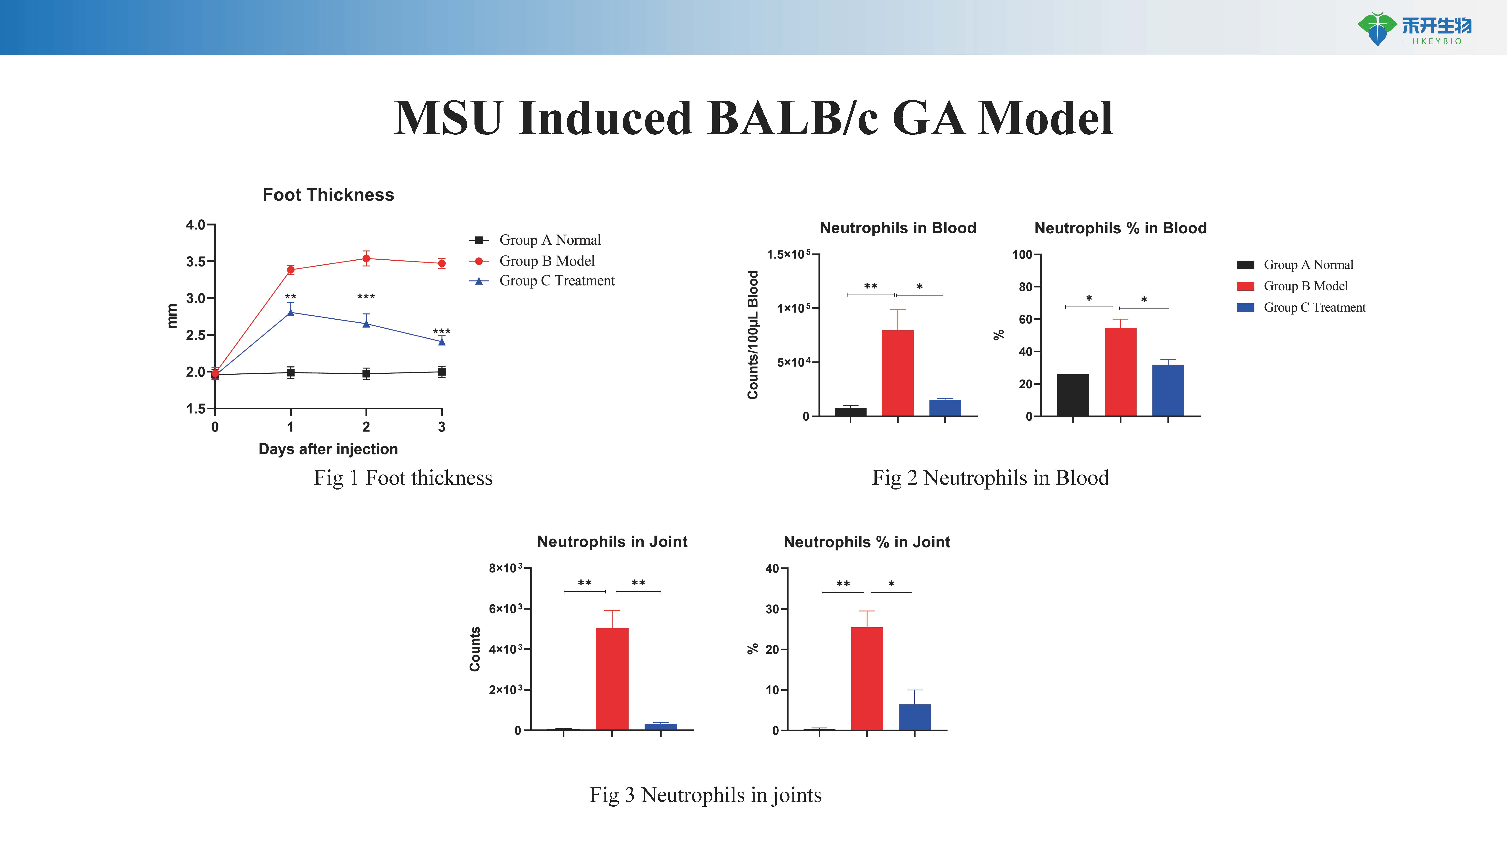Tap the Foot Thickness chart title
328,195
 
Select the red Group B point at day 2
366,259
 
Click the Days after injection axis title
328,449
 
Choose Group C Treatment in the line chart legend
556,281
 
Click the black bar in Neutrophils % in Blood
1073,395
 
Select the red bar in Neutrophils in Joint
612,679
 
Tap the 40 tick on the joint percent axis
772,569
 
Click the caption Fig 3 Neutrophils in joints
705,795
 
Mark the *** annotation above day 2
366,297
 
